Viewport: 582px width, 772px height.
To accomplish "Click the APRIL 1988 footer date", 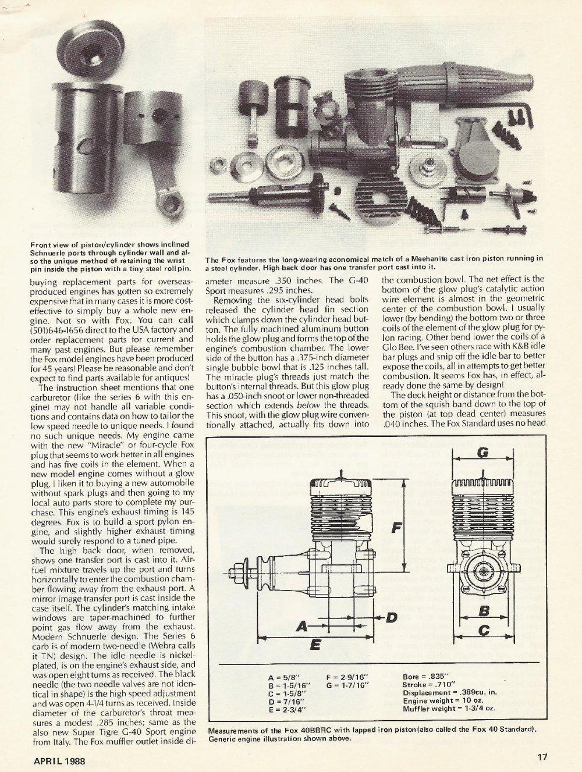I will tap(58, 759).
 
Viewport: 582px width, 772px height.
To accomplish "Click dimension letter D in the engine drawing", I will tap(392, 617).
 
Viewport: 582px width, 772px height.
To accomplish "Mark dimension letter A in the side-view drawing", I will tap(301, 626).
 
